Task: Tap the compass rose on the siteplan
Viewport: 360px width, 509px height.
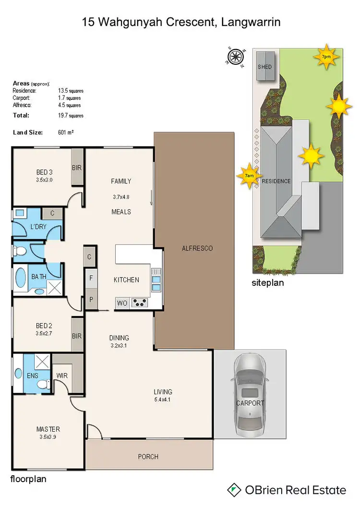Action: coord(235,57)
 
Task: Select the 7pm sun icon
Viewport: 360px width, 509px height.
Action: coord(326,57)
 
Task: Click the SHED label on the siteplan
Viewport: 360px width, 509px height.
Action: coord(264,67)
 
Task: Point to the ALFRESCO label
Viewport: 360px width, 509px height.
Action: coord(197,248)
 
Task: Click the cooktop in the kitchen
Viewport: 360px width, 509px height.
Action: coord(140,303)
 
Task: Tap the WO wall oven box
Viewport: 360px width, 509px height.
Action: coord(122,303)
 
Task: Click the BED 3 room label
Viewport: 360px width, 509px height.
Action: coord(44,172)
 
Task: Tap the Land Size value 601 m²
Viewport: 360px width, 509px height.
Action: coord(65,132)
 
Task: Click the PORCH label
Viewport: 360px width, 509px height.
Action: coord(148,457)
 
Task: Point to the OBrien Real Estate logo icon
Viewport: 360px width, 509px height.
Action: coord(234,490)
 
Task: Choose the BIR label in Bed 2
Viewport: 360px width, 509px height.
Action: coord(77,336)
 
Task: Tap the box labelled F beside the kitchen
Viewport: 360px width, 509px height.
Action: coord(91,278)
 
